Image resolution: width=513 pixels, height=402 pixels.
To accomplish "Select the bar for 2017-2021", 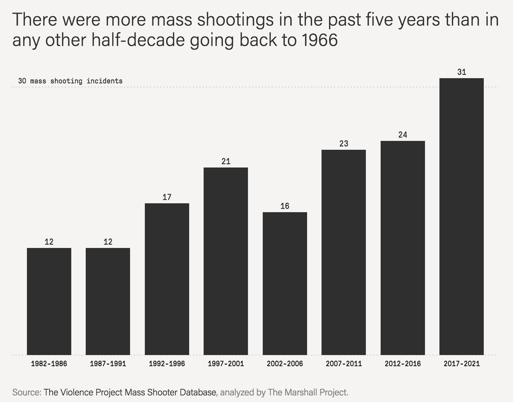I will (x=461, y=216).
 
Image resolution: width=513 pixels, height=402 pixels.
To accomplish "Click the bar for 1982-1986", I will (x=49, y=301).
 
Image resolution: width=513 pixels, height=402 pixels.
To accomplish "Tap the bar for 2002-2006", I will (x=285, y=283).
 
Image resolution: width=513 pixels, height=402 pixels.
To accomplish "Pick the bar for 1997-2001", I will (x=226, y=261).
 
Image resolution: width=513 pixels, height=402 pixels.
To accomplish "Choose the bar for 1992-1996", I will (x=167, y=279).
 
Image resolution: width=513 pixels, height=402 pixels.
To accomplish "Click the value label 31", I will (x=462, y=72).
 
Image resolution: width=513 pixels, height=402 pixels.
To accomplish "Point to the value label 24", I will (x=403, y=135).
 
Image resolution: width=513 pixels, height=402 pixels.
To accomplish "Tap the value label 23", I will (x=344, y=144).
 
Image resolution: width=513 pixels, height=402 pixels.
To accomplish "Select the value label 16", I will (x=285, y=206).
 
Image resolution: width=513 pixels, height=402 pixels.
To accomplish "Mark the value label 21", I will (x=226, y=162).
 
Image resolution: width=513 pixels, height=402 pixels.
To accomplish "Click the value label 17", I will (x=167, y=197).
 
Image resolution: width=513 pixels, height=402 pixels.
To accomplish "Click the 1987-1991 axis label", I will (x=108, y=364).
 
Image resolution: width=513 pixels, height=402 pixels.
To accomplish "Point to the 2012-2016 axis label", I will (x=403, y=364).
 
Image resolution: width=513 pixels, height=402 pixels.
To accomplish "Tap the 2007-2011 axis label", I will (x=344, y=364).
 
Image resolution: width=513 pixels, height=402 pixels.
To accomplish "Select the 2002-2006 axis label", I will (x=285, y=364).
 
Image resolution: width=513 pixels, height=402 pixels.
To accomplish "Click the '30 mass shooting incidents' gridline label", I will (x=70, y=81).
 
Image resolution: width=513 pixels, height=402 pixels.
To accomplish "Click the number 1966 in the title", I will (x=318, y=40).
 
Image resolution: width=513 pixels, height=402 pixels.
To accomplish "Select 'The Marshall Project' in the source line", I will (x=307, y=392).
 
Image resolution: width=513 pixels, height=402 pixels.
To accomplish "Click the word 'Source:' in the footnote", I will (x=26, y=392).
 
